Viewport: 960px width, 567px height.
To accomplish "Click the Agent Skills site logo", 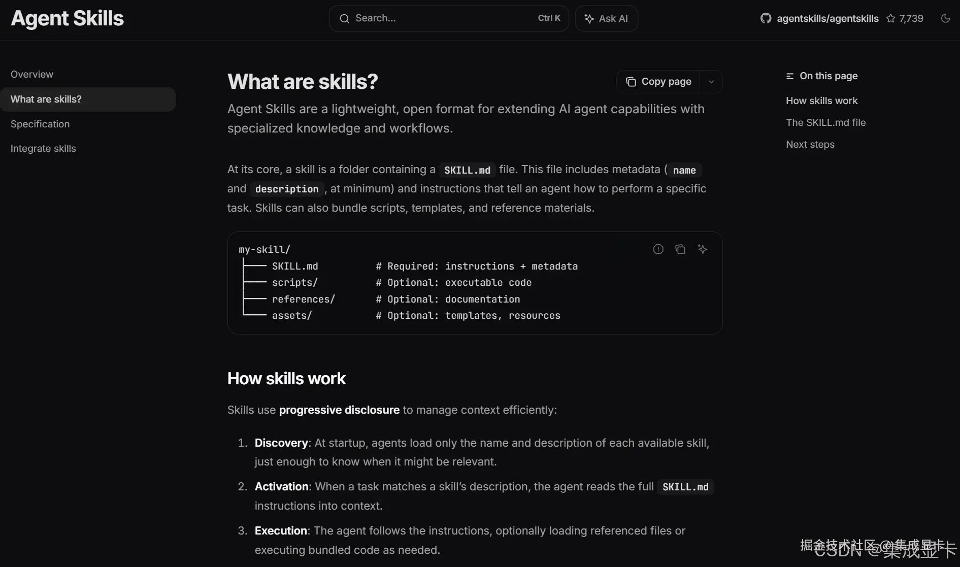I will point(67,18).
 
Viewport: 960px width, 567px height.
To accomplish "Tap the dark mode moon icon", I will point(945,18).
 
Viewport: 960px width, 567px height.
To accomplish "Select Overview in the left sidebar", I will point(32,74).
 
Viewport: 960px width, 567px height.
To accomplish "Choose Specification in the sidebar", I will point(40,124).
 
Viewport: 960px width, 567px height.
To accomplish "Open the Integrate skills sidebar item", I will point(43,148).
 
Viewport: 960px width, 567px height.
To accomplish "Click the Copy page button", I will point(658,82).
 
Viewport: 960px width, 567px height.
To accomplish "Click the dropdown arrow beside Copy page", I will point(711,82).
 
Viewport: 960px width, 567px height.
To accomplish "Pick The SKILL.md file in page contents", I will point(825,122).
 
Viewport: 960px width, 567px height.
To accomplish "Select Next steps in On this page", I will point(810,144).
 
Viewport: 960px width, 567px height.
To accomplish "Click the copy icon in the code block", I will point(680,249).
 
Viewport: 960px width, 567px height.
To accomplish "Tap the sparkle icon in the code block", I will point(702,249).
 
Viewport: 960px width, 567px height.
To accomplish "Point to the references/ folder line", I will point(303,299).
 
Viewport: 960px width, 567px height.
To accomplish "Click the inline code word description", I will point(287,189).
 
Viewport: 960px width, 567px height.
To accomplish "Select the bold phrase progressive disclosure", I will point(339,410).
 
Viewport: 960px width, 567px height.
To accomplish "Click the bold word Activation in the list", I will point(281,486).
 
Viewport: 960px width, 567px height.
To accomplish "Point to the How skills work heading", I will point(286,378).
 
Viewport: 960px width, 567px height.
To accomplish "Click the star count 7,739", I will point(911,18).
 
